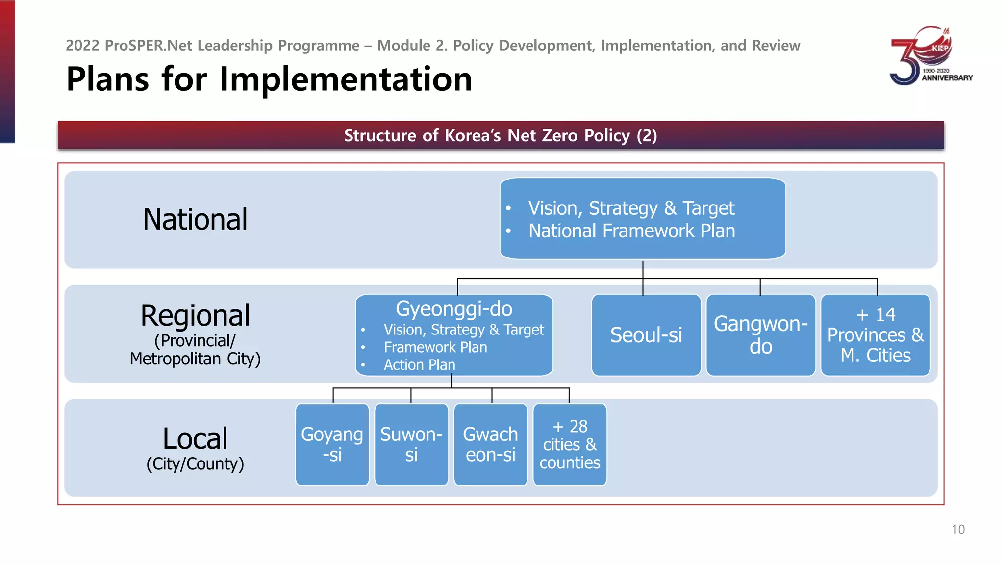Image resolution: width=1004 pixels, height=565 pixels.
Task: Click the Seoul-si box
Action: (646, 335)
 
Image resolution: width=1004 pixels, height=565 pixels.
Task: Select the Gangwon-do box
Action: (760, 335)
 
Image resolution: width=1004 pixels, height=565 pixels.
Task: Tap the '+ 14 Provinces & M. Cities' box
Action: (875, 335)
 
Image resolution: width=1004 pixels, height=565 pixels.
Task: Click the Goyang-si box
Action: (332, 444)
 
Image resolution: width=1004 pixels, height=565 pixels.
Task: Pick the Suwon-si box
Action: (411, 444)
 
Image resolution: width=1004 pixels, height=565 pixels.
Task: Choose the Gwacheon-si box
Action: (490, 444)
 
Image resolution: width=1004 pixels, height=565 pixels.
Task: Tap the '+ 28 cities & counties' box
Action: (570, 444)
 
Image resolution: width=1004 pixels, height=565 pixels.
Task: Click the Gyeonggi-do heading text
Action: (454, 309)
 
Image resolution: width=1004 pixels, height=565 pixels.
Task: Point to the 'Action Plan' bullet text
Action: (419, 365)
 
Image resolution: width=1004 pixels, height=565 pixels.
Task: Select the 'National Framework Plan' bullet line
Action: (631, 231)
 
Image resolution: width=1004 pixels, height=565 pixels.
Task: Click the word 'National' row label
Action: (195, 219)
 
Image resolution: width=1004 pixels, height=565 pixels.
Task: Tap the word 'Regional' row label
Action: (195, 315)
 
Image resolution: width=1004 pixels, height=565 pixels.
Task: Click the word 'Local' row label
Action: (195, 438)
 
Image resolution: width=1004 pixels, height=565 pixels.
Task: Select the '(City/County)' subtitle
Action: (195, 464)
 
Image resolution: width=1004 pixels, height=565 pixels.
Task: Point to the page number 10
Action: (958, 530)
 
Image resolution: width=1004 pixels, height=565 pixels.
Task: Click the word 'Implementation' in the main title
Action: (346, 79)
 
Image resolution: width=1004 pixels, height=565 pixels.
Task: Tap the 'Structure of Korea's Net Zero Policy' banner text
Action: (501, 135)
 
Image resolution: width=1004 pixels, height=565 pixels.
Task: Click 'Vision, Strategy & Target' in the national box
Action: (631, 208)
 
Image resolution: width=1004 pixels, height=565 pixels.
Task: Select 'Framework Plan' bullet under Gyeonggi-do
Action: (435, 347)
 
